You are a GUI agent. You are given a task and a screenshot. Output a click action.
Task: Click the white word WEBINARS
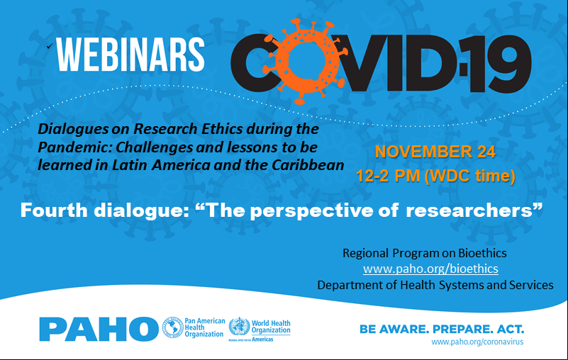pyautogui.click(x=130, y=55)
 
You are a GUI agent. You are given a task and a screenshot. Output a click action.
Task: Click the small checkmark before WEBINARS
pyautogui.click(x=50, y=45)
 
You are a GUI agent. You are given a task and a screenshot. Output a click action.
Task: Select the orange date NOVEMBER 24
pyautogui.click(x=435, y=152)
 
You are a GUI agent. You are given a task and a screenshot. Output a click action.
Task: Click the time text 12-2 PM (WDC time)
pyautogui.click(x=435, y=176)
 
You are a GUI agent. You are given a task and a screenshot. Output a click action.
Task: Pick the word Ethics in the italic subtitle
pyautogui.click(x=221, y=129)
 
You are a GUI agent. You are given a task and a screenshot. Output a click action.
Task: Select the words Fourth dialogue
pyautogui.click(x=105, y=210)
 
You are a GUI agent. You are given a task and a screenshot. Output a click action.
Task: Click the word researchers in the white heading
pyautogui.click(x=469, y=210)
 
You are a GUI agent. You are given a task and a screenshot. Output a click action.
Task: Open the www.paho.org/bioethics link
pyautogui.click(x=430, y=269)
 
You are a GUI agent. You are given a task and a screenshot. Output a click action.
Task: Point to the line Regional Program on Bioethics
pyautogui.click(x=425, y=253)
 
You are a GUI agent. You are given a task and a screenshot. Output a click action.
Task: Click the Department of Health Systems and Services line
pyautogui.click(x=435, y=285)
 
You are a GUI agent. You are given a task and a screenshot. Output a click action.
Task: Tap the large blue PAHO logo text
pyautogui.click(x=99, y=329)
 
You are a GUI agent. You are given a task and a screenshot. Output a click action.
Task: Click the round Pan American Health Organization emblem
pyautogui.click(x=172, y=327)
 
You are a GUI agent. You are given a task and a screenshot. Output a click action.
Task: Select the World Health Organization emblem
pyautogui.click(x=239, y=326)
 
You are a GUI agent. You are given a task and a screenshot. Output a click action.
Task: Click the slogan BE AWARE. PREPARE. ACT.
pyautogui.click(x=442, y=330)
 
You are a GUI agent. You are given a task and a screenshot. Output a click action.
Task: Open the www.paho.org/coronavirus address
pyautogui.click(x=477, y=342)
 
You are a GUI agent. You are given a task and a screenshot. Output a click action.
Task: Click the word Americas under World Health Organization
pyautogui.click(x=262, y=339)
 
